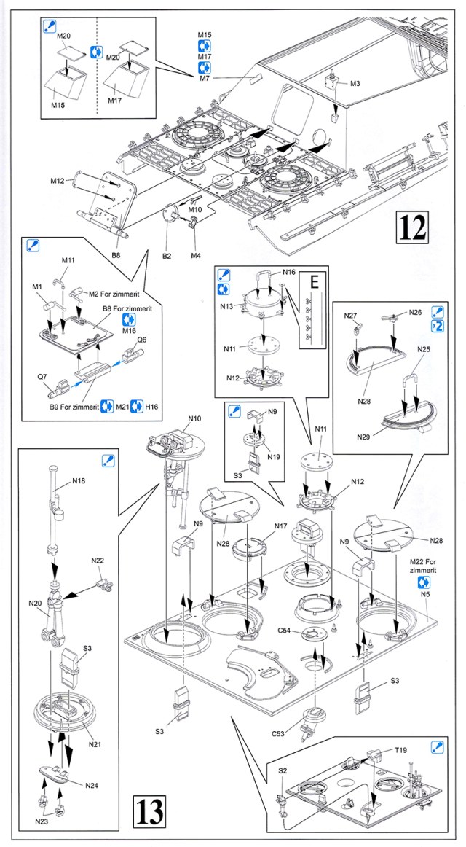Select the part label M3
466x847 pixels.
coord(355,83)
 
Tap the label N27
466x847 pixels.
coord(352,315)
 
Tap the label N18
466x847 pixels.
coord(79,482)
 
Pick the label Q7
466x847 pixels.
coord(44,378)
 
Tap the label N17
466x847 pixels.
coord(281,526)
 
